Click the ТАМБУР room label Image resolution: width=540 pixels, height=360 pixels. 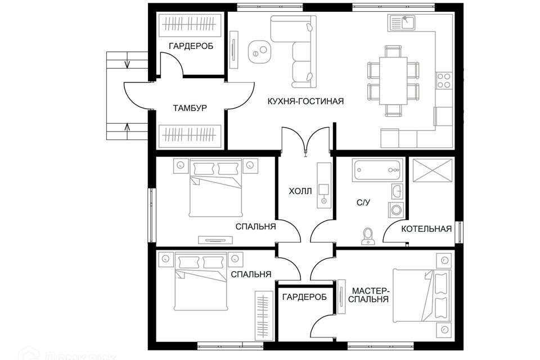[190, 109]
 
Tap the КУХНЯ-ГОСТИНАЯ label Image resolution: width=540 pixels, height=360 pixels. [305, 101]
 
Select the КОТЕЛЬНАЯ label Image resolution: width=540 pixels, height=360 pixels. [426, 229]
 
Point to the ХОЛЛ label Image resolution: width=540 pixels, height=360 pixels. [300, 191]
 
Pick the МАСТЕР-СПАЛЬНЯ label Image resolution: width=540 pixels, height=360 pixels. [370, 295]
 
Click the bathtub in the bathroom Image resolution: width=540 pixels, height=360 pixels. [377, 170]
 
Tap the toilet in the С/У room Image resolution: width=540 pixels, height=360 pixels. [368, 236]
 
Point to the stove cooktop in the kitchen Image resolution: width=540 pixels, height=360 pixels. [444, 80]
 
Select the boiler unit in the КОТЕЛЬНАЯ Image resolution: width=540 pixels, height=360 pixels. [433, 170]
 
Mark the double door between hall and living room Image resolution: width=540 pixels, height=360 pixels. [305, 141]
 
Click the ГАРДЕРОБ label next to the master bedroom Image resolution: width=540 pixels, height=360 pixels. [305, 297]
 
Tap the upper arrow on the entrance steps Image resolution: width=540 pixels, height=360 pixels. [127, 62]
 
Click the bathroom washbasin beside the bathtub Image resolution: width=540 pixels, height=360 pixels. [397, 191]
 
